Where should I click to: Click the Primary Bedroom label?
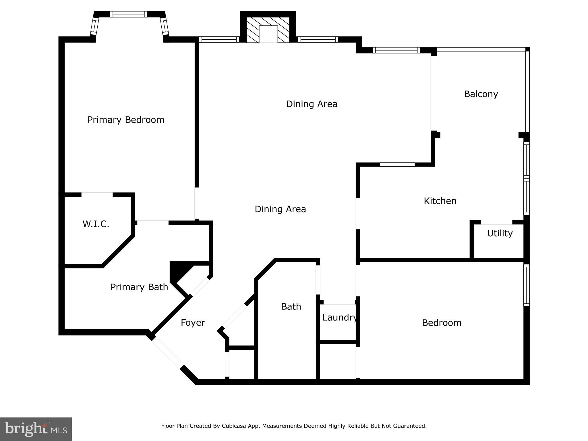pyautogui.click(x=126, y=120)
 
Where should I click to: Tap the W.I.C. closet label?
pyautogui.click(x=96, y=224)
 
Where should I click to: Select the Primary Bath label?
pyautogui.click(x=139, y=287)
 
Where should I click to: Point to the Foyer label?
pyautogui.click(x=193, y=323)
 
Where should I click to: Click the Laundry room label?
pyautogui.click(x=339, y=318)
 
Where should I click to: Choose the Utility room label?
pyautogui.click(x=500, y=233)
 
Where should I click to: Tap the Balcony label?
pyautogui.click(x=481, y=94)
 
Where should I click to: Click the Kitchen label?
pyautogui.click(x=440, y=201)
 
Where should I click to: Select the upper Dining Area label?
pyautogui.click(x=312, y=104)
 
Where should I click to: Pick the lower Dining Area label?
pyautogui.click(x=280, y=209)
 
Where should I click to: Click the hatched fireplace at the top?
pyautogui.click(x=268, y=30)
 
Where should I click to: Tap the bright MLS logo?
pyautogui.click(x=36, y=429)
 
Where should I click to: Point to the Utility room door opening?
pyautogui.click(x=496, y=222)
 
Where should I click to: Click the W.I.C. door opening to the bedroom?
pyautogui.click(x=97, y=195)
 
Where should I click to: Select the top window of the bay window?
pyautogui.click(x=128, y=14)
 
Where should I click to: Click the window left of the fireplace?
pyautogui.click(x=219, y=40)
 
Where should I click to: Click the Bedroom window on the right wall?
pyautogui.click(x=526, y=285)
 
